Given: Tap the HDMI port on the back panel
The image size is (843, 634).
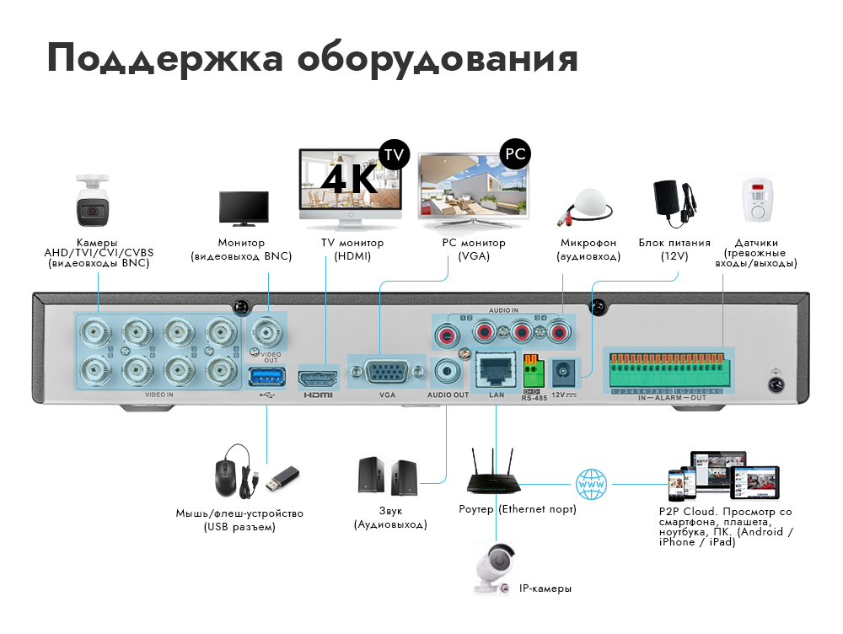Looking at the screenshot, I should point(318,375).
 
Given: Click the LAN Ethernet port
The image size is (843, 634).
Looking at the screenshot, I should point(493,369).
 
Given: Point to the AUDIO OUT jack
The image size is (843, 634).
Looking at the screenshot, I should point(447,370).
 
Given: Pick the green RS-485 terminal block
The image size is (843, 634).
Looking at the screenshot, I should point(531,370).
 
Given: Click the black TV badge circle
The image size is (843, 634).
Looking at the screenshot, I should point(393,155).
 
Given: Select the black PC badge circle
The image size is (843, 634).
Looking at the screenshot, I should point(515,154).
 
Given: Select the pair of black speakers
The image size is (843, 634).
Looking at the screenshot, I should point(387,475).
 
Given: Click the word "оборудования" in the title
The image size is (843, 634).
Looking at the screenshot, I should point(438,60).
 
